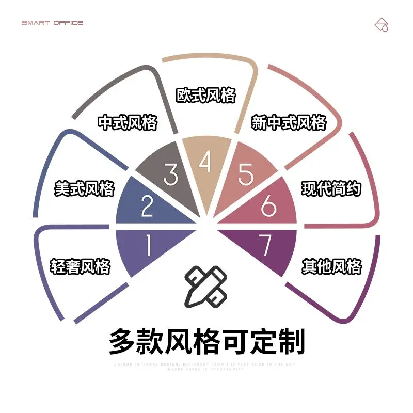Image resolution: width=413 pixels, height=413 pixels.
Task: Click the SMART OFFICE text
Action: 52,23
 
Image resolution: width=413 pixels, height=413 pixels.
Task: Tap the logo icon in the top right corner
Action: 382,24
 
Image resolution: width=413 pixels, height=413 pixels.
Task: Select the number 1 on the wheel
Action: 149,246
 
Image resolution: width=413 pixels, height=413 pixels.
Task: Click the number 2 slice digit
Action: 147,206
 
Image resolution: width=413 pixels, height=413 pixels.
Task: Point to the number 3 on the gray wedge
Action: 170,174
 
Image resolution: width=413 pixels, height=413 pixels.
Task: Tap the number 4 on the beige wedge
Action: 205,163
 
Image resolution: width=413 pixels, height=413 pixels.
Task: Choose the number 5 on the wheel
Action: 246,174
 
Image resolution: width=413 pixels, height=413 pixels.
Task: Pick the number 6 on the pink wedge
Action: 269,206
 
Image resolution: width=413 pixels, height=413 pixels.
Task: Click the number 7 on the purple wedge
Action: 265,246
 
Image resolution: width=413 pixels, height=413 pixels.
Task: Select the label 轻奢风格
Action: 80,267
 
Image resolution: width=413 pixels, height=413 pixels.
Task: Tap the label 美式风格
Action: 84,188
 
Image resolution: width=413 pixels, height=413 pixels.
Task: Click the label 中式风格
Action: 128,123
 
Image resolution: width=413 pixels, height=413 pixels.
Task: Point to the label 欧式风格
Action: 206,95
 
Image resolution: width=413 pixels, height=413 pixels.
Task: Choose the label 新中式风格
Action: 289,123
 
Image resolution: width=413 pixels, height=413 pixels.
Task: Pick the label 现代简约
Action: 331,188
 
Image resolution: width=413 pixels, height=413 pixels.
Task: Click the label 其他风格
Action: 331,267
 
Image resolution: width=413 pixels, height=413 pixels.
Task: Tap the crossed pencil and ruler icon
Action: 206,286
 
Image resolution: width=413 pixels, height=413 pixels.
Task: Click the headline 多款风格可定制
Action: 206,341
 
